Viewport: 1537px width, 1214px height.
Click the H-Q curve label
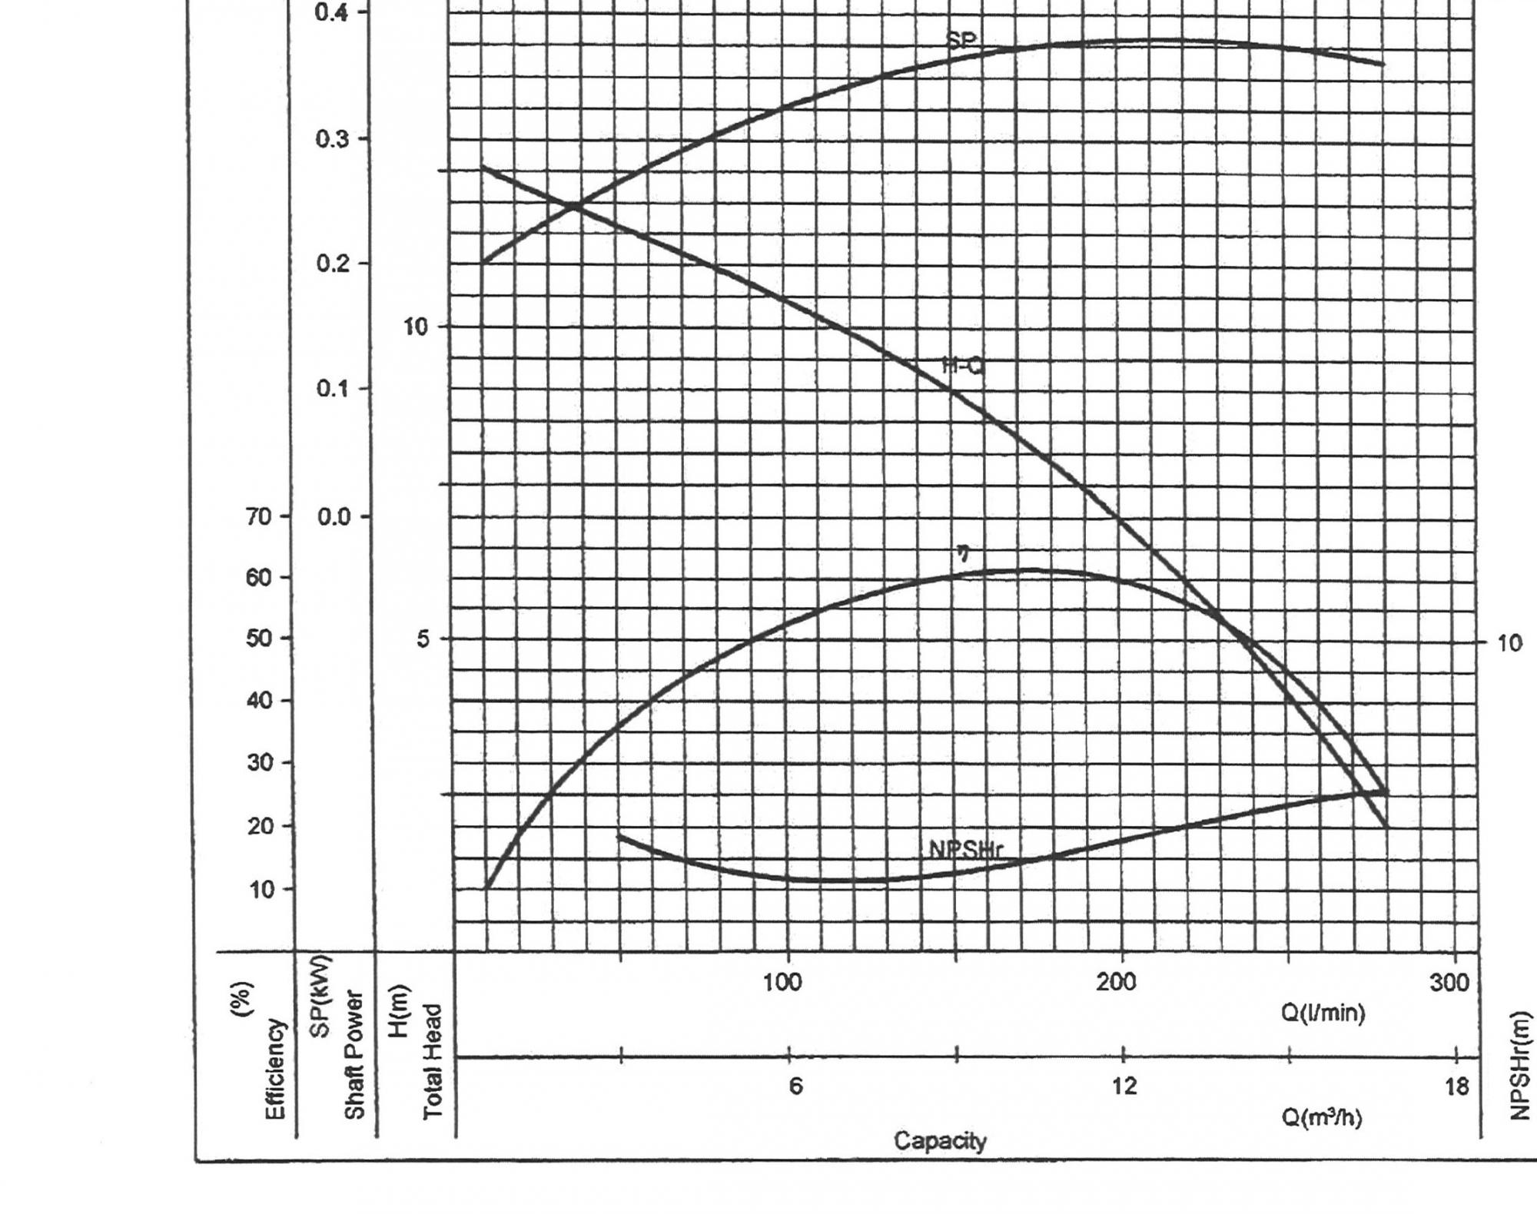coord(962,367)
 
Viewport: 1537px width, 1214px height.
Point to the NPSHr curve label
coord(965,850)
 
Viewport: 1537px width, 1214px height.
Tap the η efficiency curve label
coord(962,552)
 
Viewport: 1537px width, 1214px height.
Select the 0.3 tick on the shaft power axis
coord(332,139)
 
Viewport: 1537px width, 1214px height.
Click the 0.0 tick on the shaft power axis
coord(334,516)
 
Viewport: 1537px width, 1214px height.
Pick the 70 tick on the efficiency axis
coord(259,516)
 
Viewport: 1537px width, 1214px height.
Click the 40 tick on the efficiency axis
coord(259,701)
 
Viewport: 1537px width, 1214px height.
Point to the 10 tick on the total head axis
coord(415,327)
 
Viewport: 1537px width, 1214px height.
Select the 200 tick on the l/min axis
coord(1116,982)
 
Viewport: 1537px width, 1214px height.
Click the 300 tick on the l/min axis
coord(1449,982)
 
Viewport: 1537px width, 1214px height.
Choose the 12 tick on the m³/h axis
coord(1124,1086)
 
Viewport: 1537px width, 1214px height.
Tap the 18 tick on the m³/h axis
coord(1456,1086)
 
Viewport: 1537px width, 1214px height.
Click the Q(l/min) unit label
coord(1323,1013)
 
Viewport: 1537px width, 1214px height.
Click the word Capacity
coord(940,1141)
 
